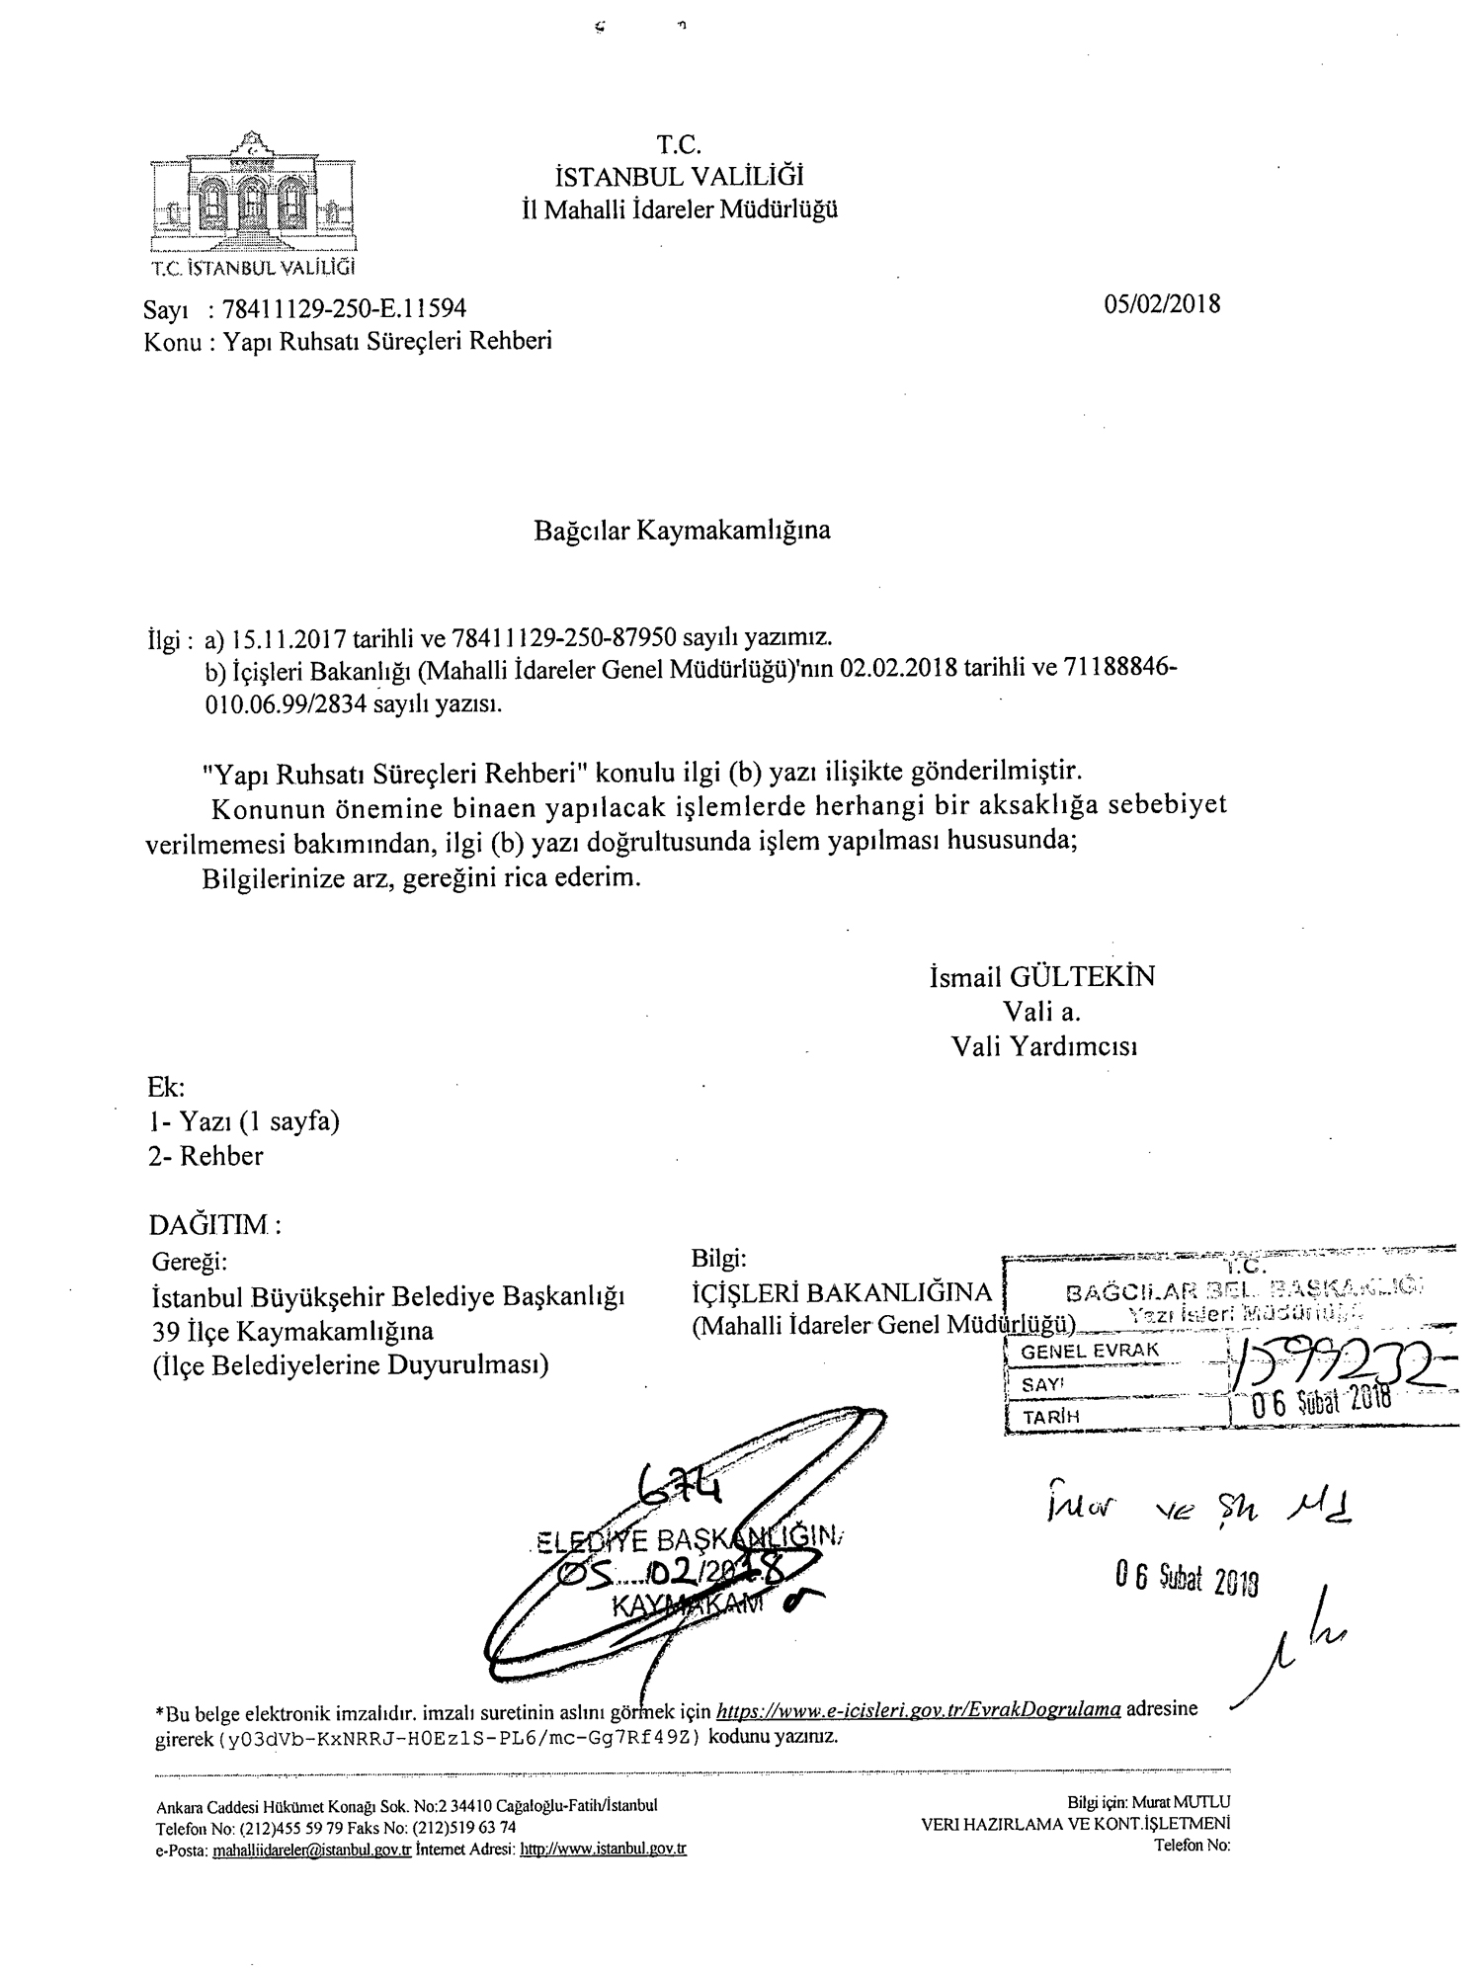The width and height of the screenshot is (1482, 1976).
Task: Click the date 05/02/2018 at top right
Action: click(x=1163, y=303)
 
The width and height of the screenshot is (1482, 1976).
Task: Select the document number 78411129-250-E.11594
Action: click(x=345, y=310)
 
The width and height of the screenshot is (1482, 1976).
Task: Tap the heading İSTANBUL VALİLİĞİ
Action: click(x=680, y=177)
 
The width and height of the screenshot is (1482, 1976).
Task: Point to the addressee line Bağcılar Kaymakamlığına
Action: click(x=682, y=531)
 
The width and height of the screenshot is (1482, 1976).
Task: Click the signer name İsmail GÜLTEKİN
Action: click(x=1041, y=977)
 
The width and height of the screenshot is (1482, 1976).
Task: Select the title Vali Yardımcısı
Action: click(x=1043, y=1046)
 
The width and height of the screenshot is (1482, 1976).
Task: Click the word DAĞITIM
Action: click(x=209, y=1225)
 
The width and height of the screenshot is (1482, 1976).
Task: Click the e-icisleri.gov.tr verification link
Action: click(x=918, y=1710)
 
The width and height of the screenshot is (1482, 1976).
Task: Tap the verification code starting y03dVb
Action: click(x=455, y=1737)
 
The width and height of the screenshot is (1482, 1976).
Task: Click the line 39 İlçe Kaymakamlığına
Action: click(x=292, y=1331)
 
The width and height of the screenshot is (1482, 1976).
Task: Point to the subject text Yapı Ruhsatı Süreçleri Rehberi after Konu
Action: click(x=387, y=342)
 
